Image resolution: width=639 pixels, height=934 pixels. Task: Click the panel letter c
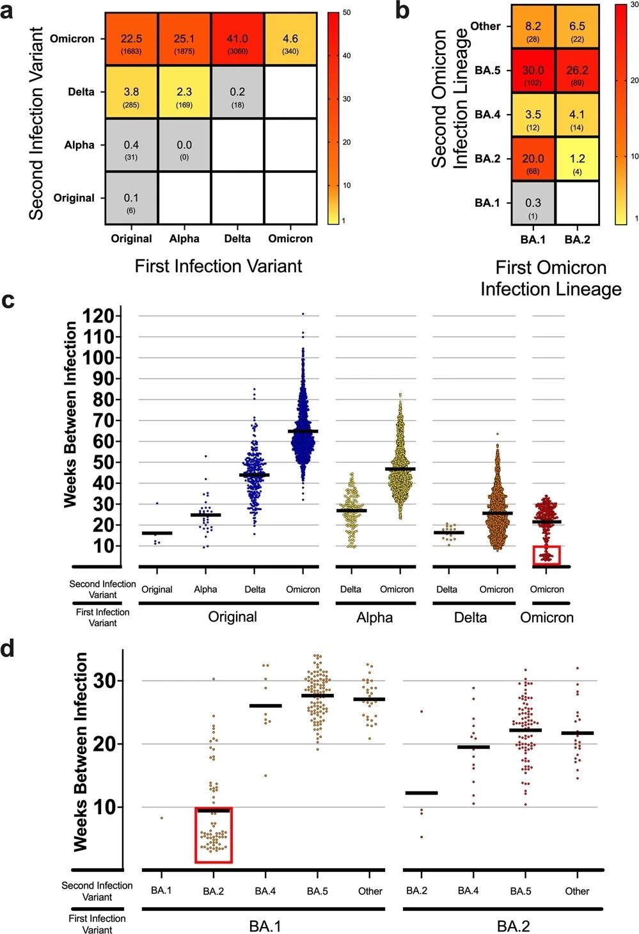click(9, 300)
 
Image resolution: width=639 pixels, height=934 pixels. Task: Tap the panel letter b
click(402, 10)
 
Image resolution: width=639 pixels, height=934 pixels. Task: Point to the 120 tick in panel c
click(99, 316)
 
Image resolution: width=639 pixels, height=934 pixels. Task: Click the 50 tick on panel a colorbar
click(347, 12)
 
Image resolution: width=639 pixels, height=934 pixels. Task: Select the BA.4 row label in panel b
click(487, 115)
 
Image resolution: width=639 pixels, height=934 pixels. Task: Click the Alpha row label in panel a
click(79, 145)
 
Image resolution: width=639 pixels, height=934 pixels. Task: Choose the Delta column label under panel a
click(237, 239)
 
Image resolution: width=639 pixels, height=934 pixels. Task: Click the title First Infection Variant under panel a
click(218, 266)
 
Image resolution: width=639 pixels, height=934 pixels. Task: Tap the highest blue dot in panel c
click(303, 314)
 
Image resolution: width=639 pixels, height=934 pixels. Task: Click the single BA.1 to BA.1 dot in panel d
click(162, 817)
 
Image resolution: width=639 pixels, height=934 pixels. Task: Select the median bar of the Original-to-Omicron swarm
click(303, 431)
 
